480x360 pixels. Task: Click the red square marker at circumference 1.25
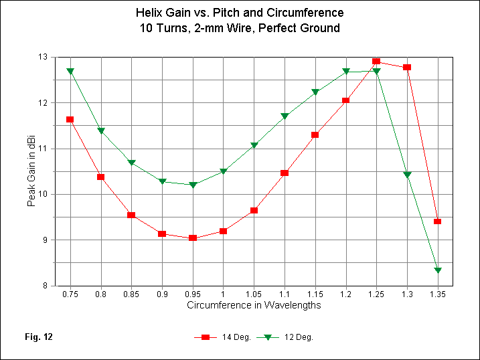(376, 62)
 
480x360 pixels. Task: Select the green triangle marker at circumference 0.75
(70, 71)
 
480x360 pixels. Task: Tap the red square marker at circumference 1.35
(437, 221)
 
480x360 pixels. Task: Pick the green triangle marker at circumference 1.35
(437, 270)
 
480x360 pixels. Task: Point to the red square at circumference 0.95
(193, 238)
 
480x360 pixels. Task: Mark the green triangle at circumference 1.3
(407, 175)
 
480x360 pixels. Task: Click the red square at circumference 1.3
(407, 68)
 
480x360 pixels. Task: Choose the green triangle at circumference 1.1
(285, 116)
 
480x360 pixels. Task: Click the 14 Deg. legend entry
(224, 337)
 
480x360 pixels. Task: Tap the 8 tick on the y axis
(44, 286)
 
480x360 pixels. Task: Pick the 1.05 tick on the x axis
(254, 294)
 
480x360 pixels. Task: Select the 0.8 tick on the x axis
(100, 294)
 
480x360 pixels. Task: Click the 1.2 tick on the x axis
(345, 294)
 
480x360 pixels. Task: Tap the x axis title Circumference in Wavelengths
(254, 306)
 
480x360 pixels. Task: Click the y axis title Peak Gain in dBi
(31, 171)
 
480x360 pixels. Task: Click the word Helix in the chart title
(149, 13)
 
